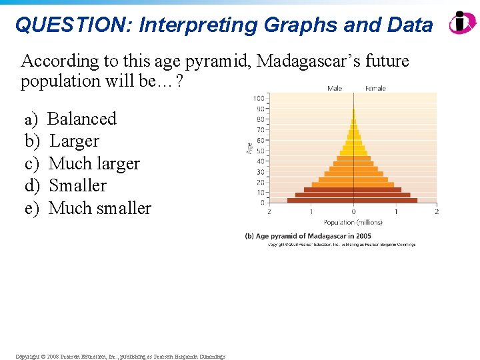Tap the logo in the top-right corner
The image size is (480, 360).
click(x=462, y=23)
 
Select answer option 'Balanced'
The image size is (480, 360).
click(x=82, y=119)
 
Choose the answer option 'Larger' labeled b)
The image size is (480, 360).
click(x=74, y=141)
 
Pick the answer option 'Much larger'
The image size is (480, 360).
click(x=94, y=163)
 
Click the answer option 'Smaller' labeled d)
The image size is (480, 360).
click(x=77, y=185)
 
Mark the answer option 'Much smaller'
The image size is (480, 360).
click(x=100, y=208)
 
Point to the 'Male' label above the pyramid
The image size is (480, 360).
click(x=335, y=88)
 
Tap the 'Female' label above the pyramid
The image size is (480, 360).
click(x=375, y=88)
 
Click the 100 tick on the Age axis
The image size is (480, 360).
click(x=258, y=99)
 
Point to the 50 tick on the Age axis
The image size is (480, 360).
click(x=259, y=151)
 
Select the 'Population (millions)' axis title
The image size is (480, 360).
click(x=353, y=222)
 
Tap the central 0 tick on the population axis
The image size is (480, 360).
click(x=353, y=212)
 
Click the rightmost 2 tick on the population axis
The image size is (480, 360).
click(x=436, y=212)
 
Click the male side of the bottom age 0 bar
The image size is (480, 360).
click(x=320, y=200)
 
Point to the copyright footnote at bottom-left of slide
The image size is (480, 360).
click(x=120, y=357)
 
